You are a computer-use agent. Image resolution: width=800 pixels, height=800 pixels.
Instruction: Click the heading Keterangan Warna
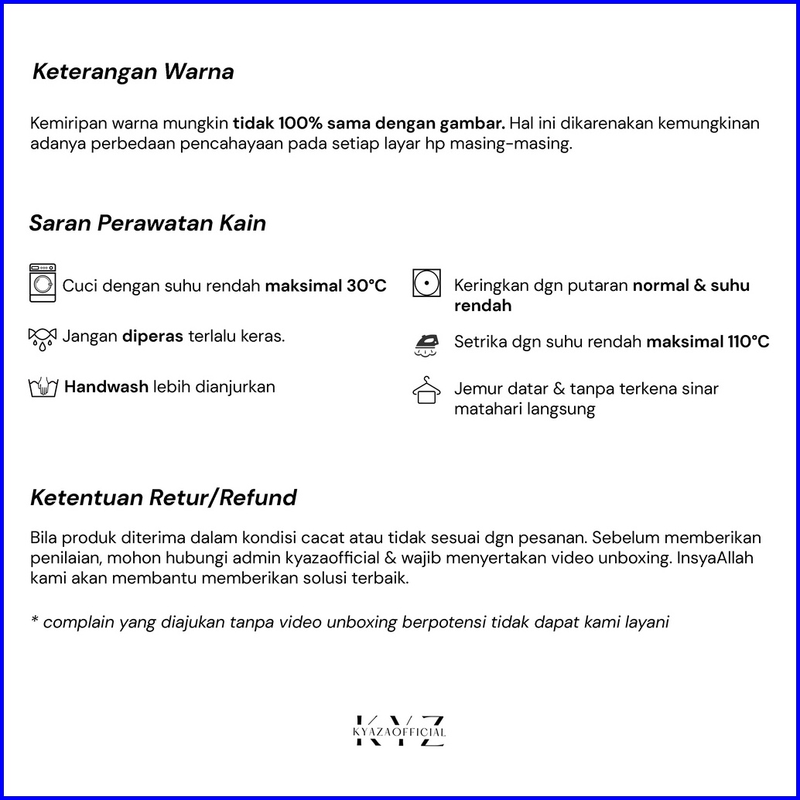pos(133,72)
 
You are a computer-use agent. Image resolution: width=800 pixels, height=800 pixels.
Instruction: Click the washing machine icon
pos(43,282)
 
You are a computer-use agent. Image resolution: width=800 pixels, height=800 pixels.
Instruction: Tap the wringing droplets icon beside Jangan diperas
pos(43,338)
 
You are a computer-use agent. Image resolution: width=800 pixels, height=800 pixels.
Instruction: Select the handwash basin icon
pos(43,388)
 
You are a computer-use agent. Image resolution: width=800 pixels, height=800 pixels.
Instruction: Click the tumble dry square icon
pos(426,283)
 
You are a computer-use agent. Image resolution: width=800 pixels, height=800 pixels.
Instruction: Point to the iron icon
pos(426,344)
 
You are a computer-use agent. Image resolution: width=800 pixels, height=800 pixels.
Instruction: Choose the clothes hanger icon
pos(426,391)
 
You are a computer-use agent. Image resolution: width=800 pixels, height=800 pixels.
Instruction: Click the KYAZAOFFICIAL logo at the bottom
pos(399,731)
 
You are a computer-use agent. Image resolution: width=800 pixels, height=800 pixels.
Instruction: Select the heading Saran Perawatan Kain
pos(148,224)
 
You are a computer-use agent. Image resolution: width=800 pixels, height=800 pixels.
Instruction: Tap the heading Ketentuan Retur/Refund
pos(163,497)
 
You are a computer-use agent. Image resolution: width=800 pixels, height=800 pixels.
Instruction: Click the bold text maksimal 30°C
pos(326,286)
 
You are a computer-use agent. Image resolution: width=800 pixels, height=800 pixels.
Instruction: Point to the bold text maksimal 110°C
pos(708,342)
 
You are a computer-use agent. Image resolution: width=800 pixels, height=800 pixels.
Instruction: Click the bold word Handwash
pos(106,387)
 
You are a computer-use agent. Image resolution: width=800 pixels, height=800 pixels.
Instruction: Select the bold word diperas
pos(152,337)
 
